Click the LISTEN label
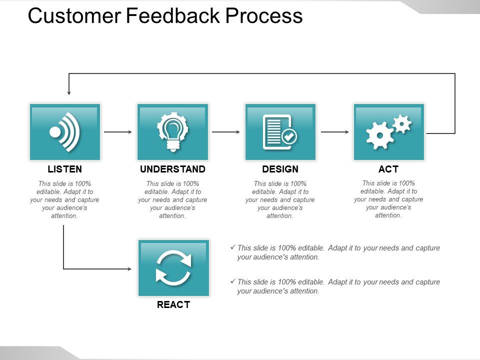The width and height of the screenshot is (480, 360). pos(64,169)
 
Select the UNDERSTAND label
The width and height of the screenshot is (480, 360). pos(172,169)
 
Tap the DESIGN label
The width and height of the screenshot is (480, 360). pos(280,169)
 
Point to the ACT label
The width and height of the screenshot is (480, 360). pos(388,169)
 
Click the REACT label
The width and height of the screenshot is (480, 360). pos(173,304)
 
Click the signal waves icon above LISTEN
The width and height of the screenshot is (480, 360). pos(65,132)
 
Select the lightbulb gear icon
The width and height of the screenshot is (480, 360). pos(172,131)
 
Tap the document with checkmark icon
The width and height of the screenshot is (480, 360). pos(279,132)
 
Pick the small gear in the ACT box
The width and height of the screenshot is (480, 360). pos(402,123)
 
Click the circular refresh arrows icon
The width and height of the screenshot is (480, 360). pos(173,267)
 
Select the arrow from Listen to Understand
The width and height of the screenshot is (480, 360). pos(118,132)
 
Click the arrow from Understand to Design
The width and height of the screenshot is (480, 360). pos(226,132)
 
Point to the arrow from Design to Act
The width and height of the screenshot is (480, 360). pos(334,132)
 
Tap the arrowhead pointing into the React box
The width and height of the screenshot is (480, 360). pos(129,269)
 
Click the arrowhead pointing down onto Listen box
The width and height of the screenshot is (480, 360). pos(69,92)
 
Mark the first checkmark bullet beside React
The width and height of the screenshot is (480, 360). pos(232,247)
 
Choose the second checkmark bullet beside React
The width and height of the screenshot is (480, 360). pos(232,281)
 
